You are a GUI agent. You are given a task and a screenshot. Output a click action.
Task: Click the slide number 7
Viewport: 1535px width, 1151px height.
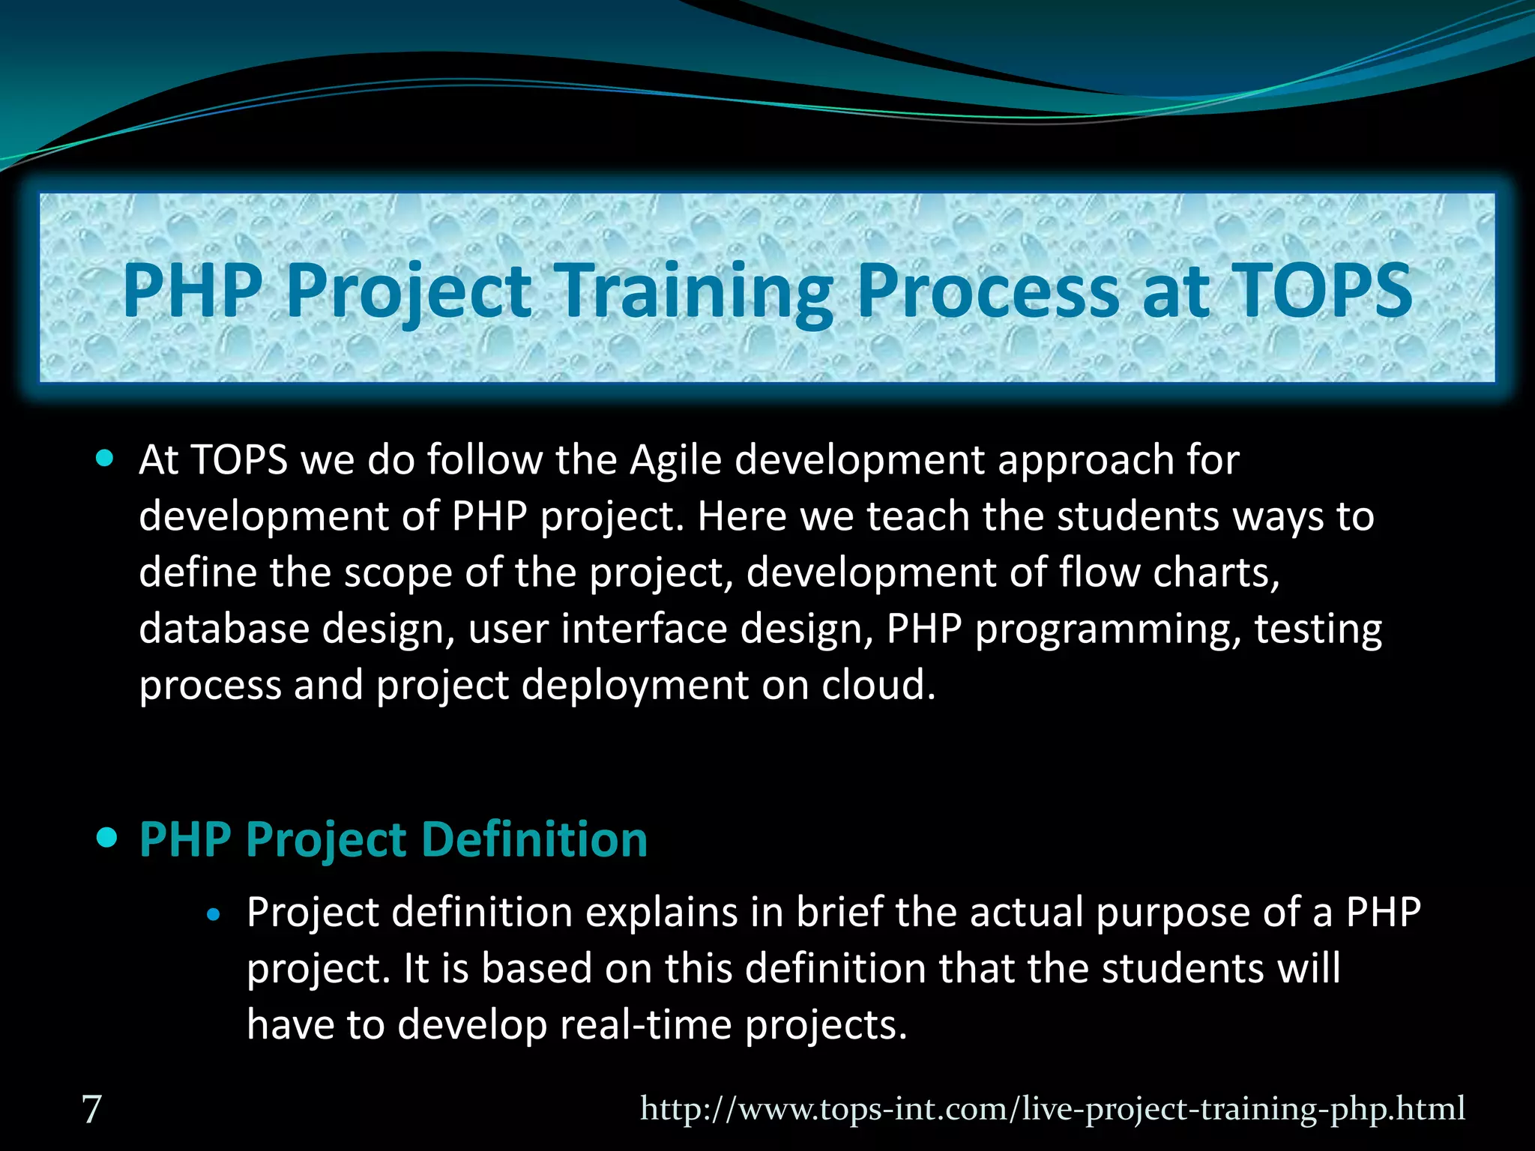(91, 1109)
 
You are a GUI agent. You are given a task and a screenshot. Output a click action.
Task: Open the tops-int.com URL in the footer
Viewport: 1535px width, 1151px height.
(1052, 1108)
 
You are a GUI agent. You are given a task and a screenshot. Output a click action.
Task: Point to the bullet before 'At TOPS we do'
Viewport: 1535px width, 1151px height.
(106, 458)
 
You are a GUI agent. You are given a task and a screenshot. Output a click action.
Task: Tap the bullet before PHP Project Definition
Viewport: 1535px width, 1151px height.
(107, 837)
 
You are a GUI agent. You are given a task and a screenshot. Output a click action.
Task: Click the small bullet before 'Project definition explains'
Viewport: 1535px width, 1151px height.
(214, 914)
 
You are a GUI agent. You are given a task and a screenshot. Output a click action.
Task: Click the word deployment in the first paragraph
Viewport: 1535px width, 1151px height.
(634, 686)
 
